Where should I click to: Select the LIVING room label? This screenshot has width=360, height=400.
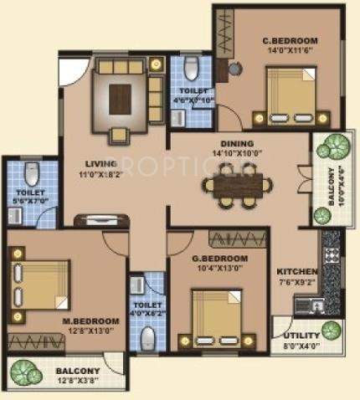click(100, 165)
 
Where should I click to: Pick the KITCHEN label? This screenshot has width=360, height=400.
click(298, 273)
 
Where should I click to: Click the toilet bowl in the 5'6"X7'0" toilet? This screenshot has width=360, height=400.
click(33, 175)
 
